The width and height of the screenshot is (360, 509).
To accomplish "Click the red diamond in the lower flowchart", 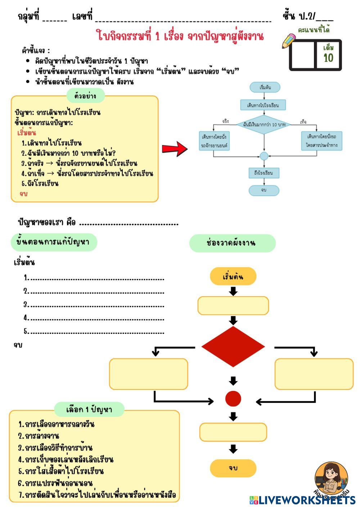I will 233,347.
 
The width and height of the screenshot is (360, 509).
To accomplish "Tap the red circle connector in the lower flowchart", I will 233,398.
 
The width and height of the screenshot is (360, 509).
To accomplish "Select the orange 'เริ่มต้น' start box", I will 233,276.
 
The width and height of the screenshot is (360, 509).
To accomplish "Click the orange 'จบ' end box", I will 233,468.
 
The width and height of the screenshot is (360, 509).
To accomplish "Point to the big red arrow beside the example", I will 175,149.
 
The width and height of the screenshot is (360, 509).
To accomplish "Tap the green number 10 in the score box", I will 328,58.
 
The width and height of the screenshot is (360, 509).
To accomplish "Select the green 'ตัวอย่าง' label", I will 86,96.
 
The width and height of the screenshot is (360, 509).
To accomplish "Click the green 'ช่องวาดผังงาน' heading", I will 232,243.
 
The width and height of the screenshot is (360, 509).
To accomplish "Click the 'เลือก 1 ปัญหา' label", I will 89,409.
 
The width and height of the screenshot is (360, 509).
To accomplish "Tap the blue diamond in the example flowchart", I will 264,125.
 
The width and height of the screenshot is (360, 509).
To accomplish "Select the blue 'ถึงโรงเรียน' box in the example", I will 264,173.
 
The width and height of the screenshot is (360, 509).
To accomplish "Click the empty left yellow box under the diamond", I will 148,374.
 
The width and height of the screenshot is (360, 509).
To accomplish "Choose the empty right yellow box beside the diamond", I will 314,374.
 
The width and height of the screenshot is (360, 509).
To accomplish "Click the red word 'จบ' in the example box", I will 24,194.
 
